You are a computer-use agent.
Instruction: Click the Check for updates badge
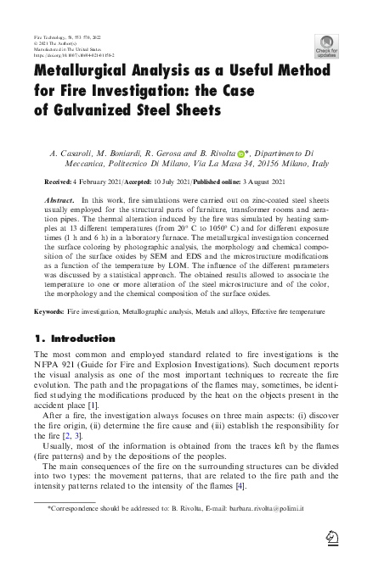[326, 46]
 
